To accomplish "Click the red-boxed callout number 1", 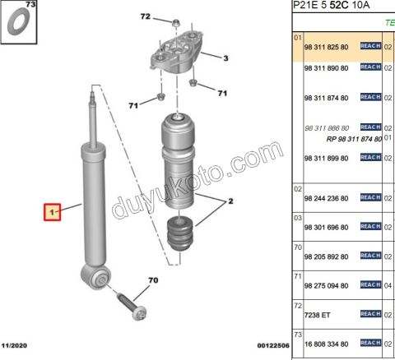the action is click(x=52, y=212).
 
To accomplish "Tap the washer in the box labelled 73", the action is click(x=18, y=22).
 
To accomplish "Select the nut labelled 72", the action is click(x=175, y=23).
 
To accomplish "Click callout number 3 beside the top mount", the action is click(x=225, y=58).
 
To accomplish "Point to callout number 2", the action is click(x=230, y=201).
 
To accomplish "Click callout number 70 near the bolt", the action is click(x=153, y=280).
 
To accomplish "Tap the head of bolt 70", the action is click(x=139, y=313).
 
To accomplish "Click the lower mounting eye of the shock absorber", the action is click(x=96, y=277).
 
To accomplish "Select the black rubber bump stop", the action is click(x=179, y=233).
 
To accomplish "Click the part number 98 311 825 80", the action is click(x=326, y=47).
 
